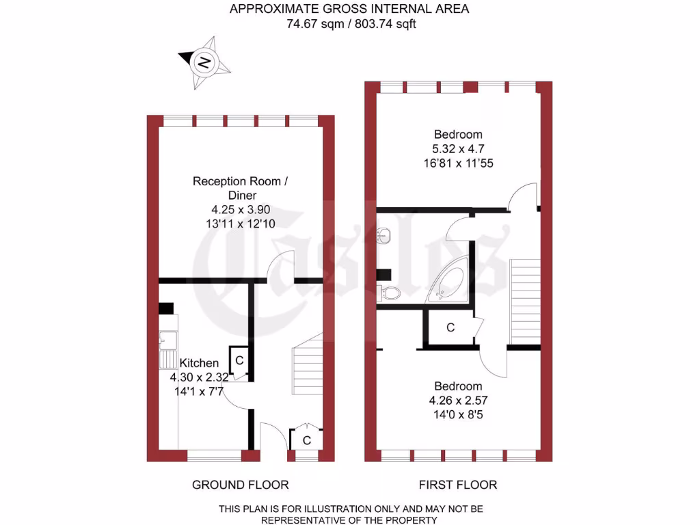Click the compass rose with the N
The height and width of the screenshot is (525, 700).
tap(204, 63)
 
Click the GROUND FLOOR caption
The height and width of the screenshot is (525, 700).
tap(240, 485)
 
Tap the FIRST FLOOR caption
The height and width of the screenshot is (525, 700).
tap(457, 485)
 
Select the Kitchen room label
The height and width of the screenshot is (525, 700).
tap(199, 363)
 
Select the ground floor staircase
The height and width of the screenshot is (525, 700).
tap(308, 369)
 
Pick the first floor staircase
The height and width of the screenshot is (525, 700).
tap(525, 301)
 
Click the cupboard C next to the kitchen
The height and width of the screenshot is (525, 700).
tap(239, 360)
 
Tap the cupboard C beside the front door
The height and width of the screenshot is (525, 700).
tap(306, 440)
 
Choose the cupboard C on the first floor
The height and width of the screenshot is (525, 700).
tap(450, 328)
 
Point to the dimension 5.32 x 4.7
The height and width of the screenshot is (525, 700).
tap(457, 148)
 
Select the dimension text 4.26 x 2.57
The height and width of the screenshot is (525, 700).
tap(457, 401)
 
